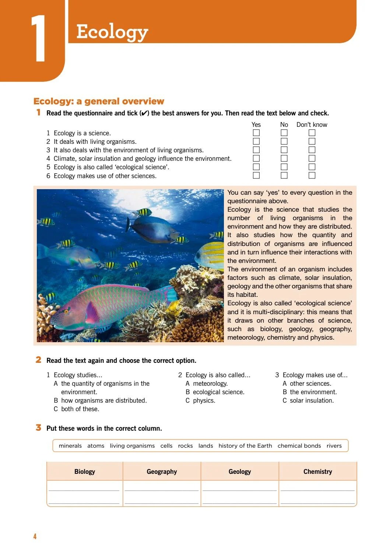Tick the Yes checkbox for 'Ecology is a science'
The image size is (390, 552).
(256, 133)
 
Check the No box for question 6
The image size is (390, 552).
(284, 176)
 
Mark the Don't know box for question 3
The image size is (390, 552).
(312, 150)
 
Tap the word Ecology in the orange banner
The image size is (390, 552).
(112, 32)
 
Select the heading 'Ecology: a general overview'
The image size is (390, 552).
(99, 101)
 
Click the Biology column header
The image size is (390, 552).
(85, 472)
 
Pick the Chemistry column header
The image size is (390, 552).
(317, 472)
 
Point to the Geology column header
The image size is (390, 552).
(239, 472)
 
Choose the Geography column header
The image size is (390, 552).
(162, 472)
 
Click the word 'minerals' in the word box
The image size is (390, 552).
(70, 446)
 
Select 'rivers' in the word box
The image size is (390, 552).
(334, 446)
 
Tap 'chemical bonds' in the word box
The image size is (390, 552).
(299, 446)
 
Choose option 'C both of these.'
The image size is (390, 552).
(76, 409)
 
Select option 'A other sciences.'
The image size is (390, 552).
(307, 383)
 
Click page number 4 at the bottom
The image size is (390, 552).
(35, 537)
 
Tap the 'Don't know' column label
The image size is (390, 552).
(312, 125)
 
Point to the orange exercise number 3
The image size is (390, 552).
(38, 428)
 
